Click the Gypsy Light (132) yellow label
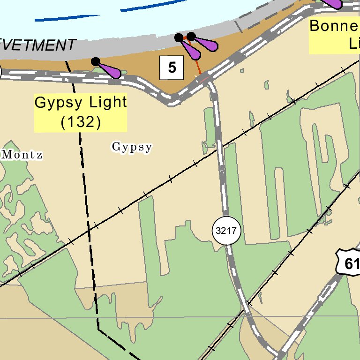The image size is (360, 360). pos(81,112)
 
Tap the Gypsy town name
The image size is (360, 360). pos(132,147)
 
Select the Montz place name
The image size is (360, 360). pos(22,155)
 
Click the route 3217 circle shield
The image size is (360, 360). pos(227,231)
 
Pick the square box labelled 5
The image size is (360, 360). pos(172,67)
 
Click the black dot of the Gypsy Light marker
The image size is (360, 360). pos(96,61)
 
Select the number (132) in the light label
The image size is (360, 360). pos(81,122)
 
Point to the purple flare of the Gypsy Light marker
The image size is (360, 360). pos(111,70)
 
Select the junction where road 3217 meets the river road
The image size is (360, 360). pos(206,80)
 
